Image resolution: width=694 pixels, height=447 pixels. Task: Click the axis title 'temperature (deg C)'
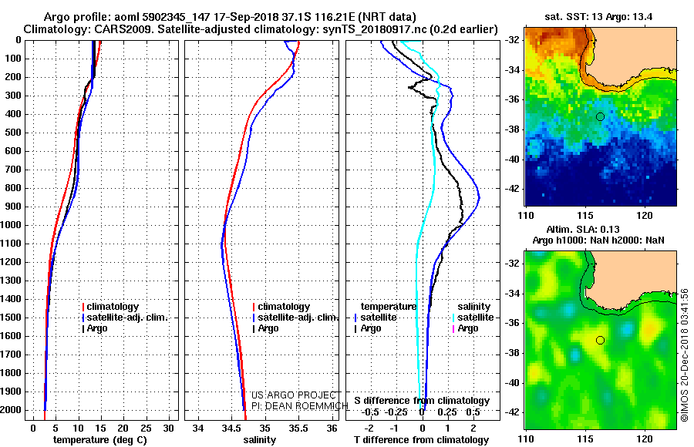pos(99,440)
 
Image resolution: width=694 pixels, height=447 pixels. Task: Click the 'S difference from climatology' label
pos(421,401)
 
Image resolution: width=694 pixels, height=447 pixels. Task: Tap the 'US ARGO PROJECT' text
pos(291,395)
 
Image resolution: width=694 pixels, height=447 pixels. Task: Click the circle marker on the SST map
pos(600,116)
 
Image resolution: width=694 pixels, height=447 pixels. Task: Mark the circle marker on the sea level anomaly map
pos(600,340)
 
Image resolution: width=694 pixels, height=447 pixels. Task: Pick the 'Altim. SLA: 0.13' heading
pos(599,230)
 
